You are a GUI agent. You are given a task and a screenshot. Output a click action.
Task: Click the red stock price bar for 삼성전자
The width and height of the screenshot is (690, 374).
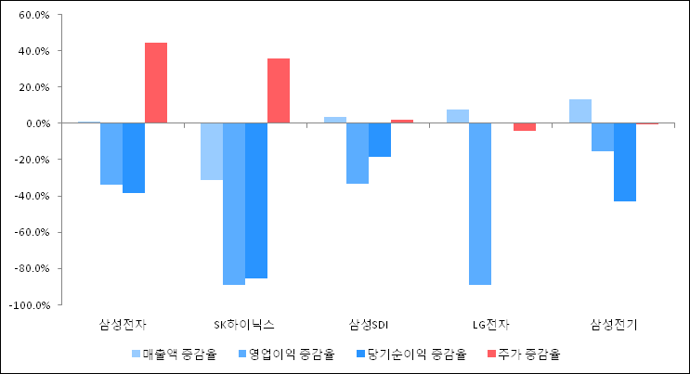156,83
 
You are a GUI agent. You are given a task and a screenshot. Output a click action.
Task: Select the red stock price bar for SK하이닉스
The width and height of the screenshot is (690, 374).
279,91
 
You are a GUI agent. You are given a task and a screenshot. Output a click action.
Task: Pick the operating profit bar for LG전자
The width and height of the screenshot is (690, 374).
480,203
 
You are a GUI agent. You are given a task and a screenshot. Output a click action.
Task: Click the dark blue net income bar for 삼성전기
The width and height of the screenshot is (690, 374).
625,161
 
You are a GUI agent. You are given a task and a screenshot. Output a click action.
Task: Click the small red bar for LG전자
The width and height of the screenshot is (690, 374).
525,127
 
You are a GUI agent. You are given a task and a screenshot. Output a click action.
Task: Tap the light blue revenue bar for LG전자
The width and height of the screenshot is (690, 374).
458,116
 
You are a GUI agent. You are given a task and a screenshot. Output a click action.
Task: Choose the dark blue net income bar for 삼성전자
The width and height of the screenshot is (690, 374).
134,158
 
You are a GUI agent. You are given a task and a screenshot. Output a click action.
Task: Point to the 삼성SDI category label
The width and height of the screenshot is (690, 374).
368,324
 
